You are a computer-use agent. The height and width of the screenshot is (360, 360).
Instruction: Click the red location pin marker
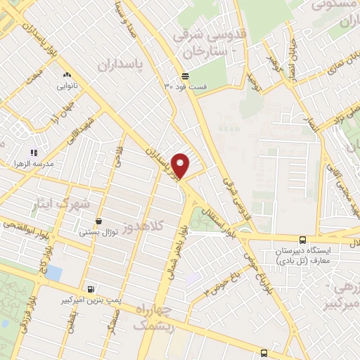coord(181,165)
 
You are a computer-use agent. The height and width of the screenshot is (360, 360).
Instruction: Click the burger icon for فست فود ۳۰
coord(184,76)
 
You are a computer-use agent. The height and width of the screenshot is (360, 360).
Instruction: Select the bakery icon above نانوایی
coord(67,75)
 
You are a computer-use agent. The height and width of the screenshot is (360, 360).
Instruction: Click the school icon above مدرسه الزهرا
coord(33,152)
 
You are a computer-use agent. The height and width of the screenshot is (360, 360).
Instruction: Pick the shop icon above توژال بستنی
coord(99,221)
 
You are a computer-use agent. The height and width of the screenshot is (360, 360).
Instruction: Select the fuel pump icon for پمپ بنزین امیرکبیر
coord(90,289)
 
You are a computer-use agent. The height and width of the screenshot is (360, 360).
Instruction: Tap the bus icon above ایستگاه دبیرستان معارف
coord(302,240)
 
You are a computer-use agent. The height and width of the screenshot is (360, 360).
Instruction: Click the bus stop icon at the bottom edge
coord(263,353)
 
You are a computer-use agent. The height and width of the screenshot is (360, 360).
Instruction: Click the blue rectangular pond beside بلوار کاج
coord(52,272)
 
